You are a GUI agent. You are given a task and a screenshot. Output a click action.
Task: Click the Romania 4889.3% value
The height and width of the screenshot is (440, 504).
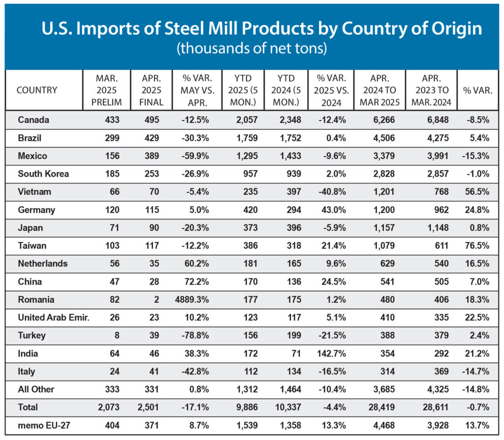[192, 300]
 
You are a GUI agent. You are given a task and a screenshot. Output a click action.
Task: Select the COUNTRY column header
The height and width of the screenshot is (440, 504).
[37, 90]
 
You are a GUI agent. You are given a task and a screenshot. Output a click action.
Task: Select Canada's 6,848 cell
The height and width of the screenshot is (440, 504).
[435, 120]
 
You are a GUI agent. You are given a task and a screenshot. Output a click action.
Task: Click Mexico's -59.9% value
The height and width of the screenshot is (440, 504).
[193, 156]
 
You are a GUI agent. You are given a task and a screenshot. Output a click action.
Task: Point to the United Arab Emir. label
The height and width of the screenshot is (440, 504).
[54, 317]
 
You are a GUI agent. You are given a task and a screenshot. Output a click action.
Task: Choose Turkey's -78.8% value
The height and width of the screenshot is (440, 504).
[193, 336]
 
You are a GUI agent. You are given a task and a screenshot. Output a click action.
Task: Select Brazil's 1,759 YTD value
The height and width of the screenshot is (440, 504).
[244, 138]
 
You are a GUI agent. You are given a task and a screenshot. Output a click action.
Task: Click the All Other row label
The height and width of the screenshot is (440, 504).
[36, 389]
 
